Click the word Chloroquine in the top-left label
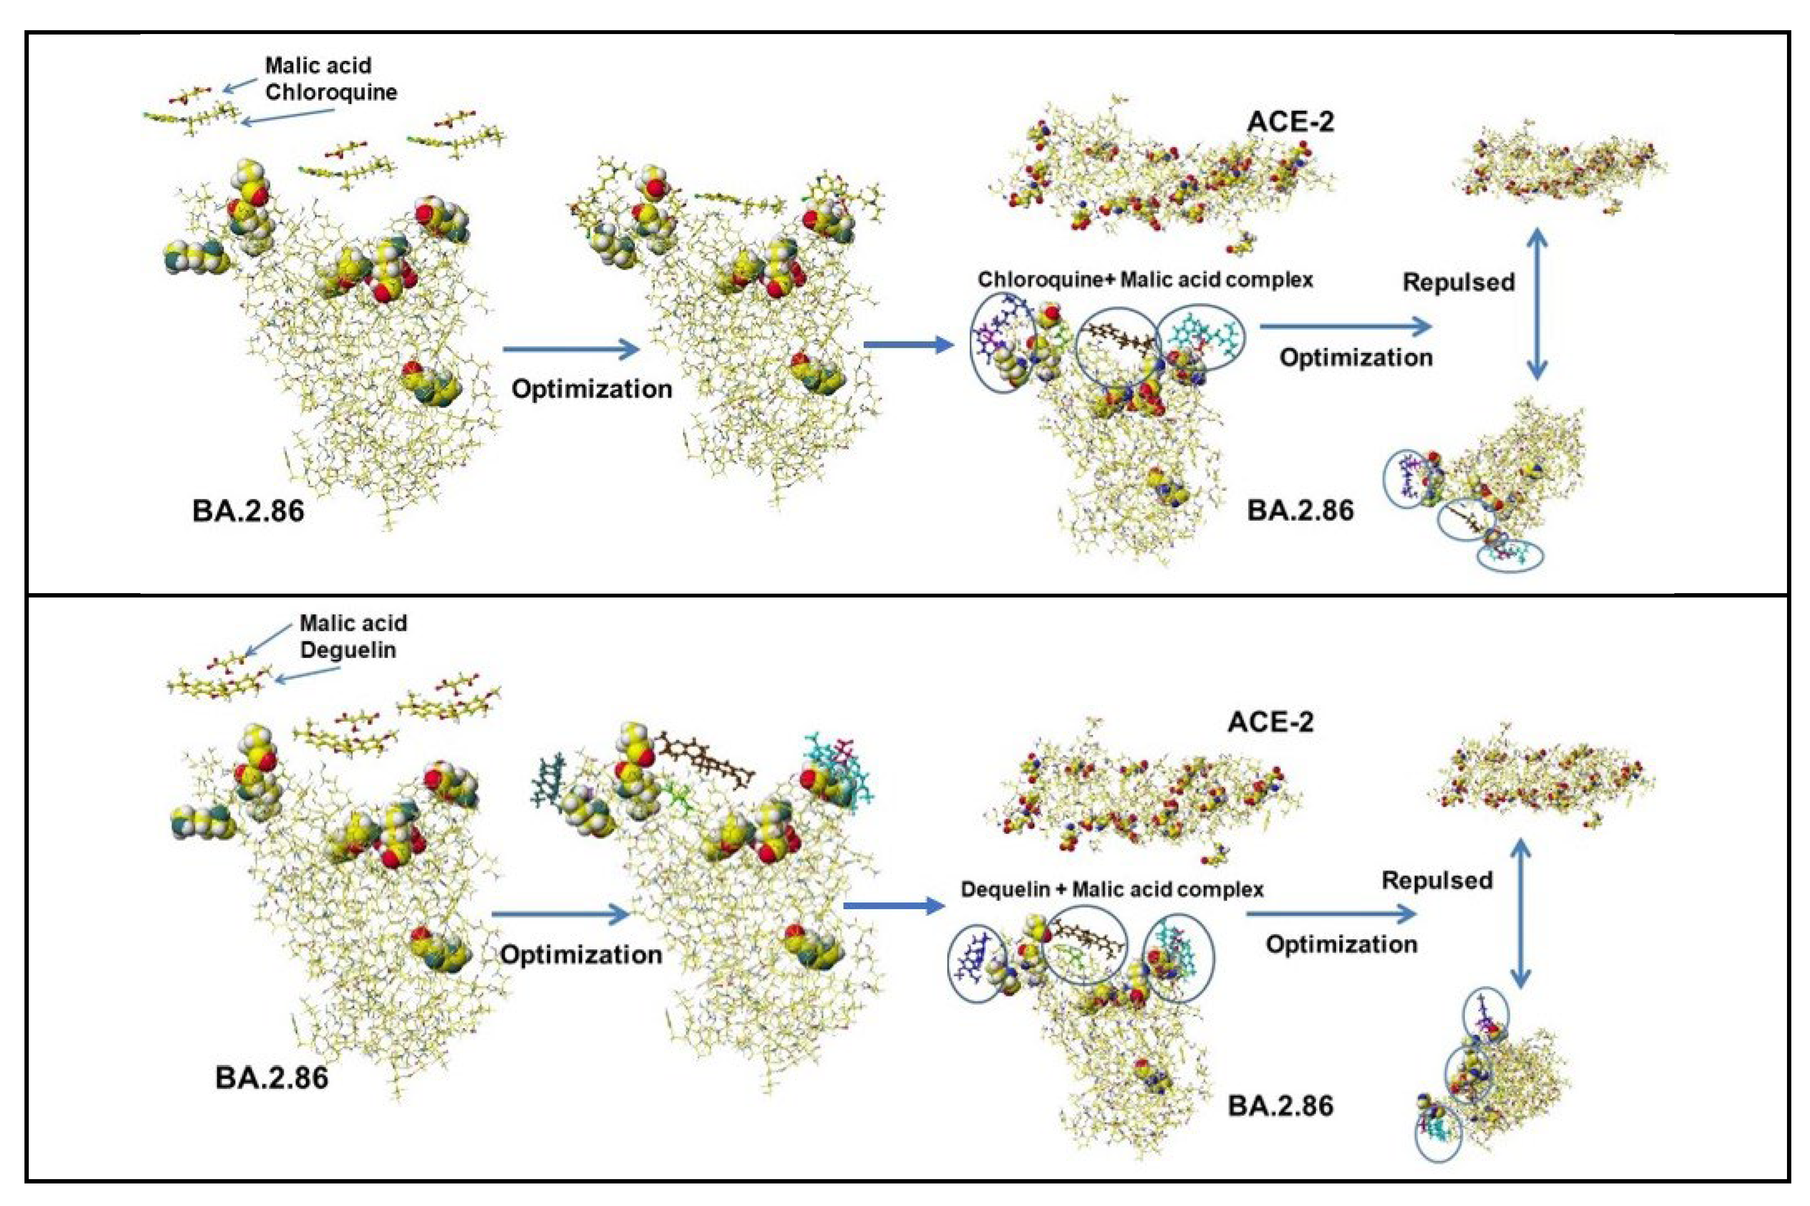coord(331,92)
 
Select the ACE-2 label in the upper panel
coord(1290,121)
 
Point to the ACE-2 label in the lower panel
coord(1270,722)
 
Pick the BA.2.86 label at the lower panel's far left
coord(271,1077)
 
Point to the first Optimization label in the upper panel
coord(592,389)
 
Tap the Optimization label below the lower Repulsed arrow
coord(1341,945)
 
